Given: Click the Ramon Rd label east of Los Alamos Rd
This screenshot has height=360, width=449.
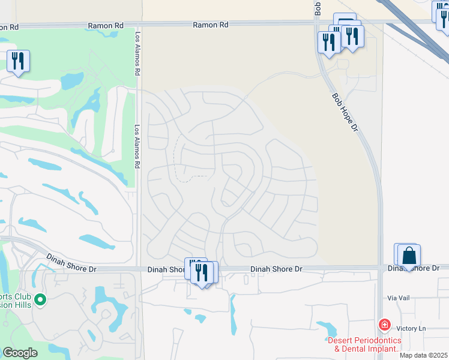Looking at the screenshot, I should coord(210,25).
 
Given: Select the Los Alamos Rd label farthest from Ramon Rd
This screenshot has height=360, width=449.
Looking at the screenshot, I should coord(137,145).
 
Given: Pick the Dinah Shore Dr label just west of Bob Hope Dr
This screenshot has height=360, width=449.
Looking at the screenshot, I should coord(276,269).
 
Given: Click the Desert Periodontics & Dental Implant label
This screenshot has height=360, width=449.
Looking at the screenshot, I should coord(364,344).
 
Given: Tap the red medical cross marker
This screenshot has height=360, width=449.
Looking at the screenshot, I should coord(384,325).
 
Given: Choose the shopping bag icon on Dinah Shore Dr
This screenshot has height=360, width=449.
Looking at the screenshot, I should coord(409,256).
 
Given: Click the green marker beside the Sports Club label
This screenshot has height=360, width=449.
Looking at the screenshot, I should coord(40,298).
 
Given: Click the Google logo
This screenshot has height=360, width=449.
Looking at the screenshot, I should coord(20,352).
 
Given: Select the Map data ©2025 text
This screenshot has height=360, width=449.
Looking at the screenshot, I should coord(423,355).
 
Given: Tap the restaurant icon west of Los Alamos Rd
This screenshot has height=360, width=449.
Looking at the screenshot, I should coord(18,61).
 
